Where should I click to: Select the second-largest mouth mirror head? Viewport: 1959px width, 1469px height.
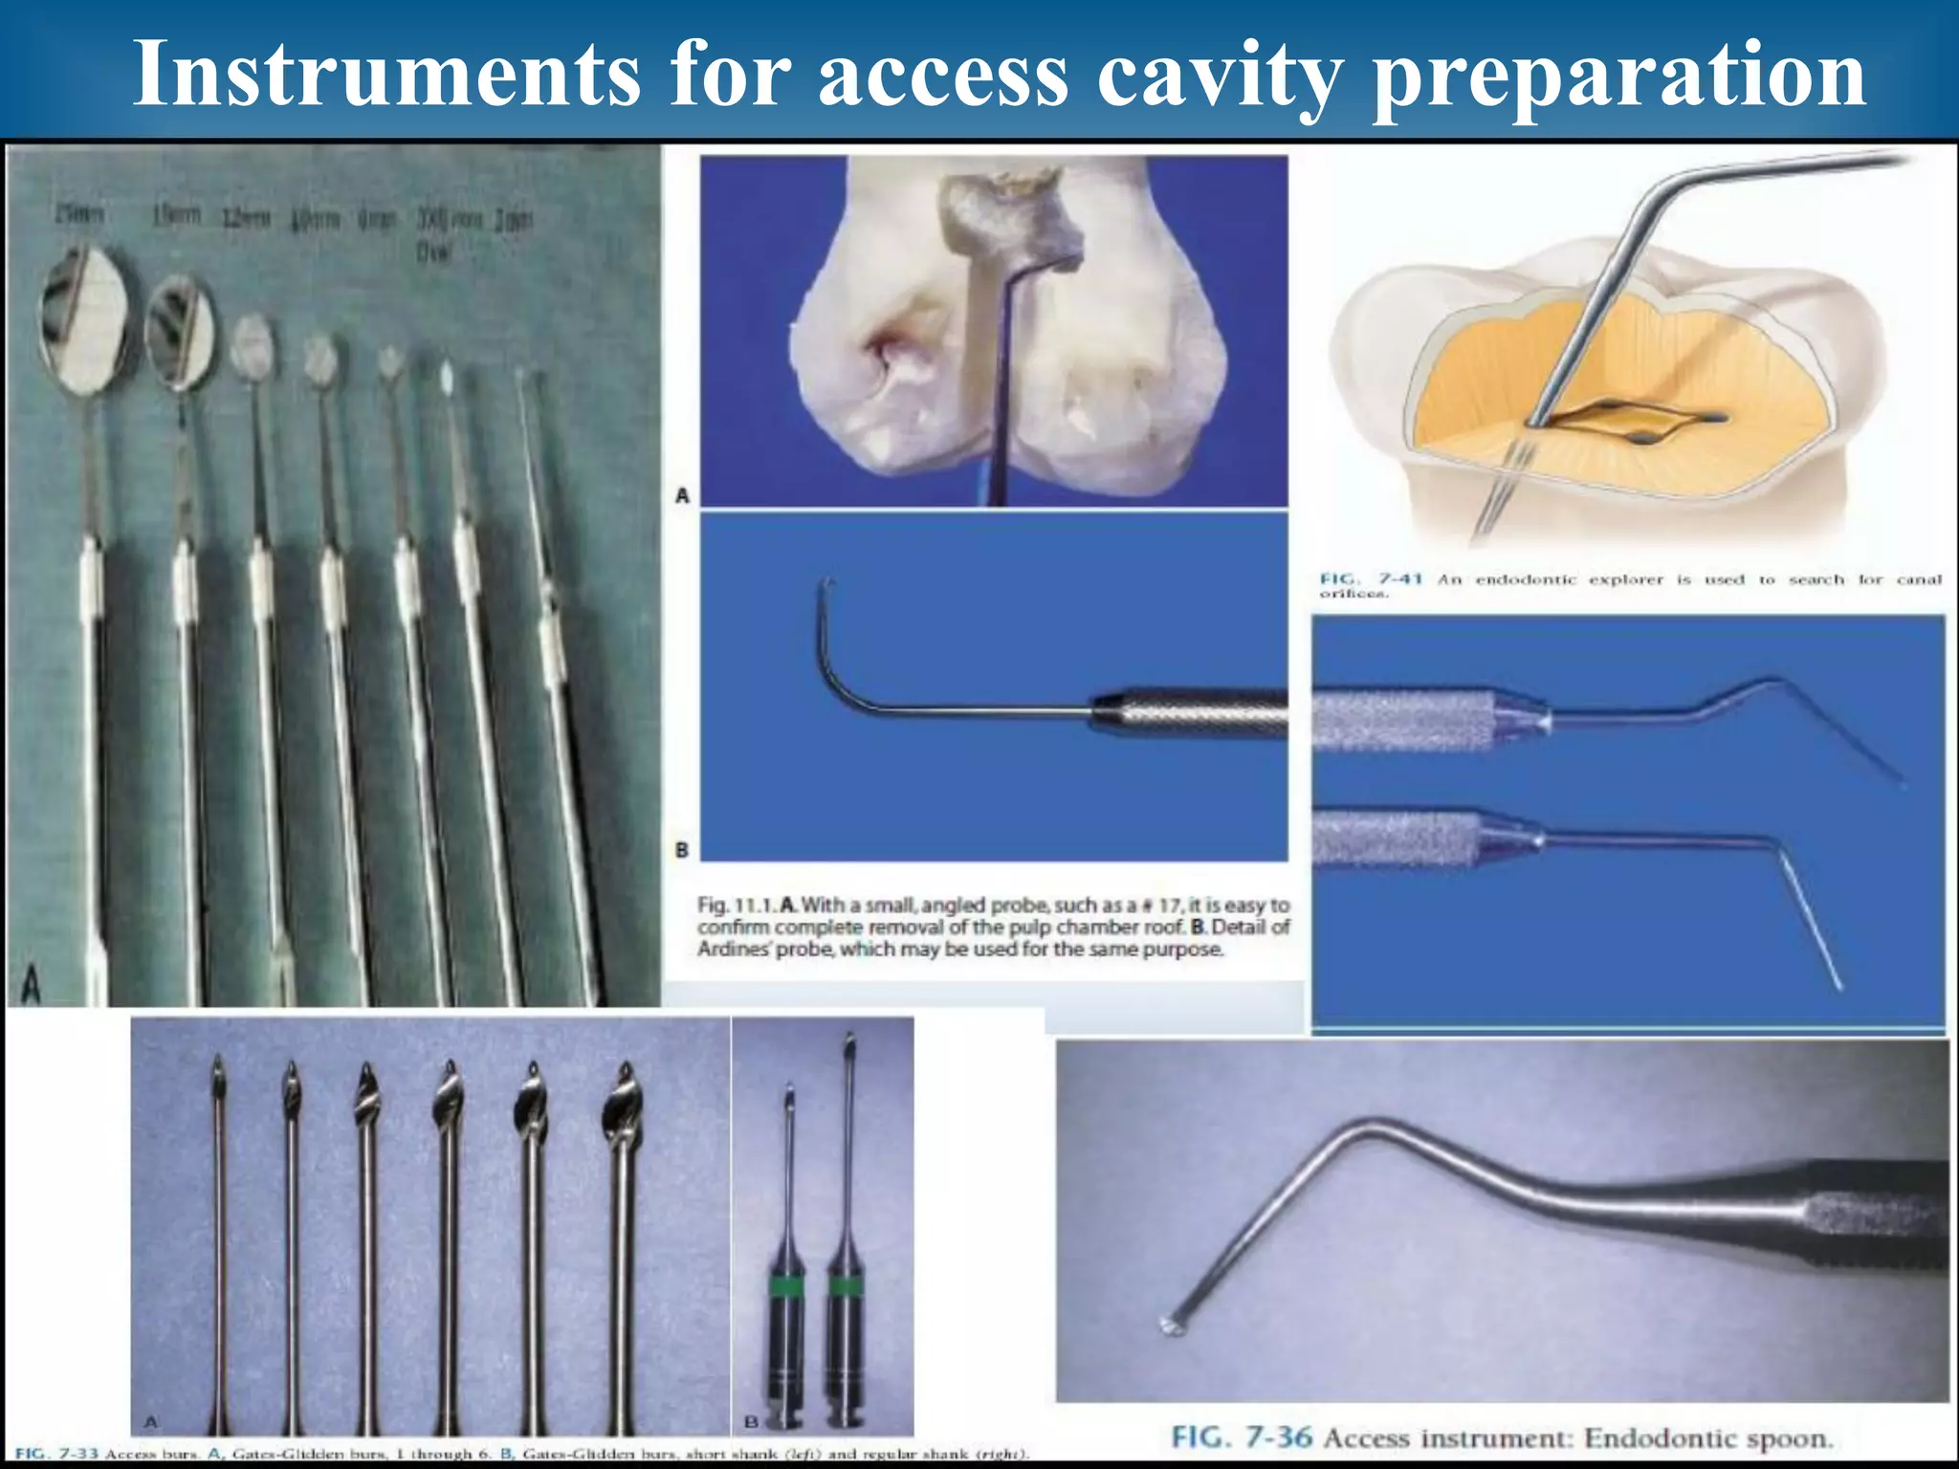pyautogui.click(x=180, y=333)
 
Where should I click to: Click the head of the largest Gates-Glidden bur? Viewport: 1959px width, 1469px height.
pyautogui.click(x=621, y=1109)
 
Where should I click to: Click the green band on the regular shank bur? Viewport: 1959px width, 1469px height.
pyautogui.click(x=845, y=1286)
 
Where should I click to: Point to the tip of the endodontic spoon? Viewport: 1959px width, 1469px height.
pyautogui.click(x=1171, y=1326)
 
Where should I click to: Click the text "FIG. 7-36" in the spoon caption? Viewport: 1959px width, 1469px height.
pyautogui.click(x=1243, y=1437)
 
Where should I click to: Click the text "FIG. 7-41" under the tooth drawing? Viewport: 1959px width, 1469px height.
pyautogui.click(x=1371, y=580)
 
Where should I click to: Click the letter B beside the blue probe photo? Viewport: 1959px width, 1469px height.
pyautogui.click(x=682, y=849)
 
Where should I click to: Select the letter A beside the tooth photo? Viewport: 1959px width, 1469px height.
pyautogui.click(x=682, y=495)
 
